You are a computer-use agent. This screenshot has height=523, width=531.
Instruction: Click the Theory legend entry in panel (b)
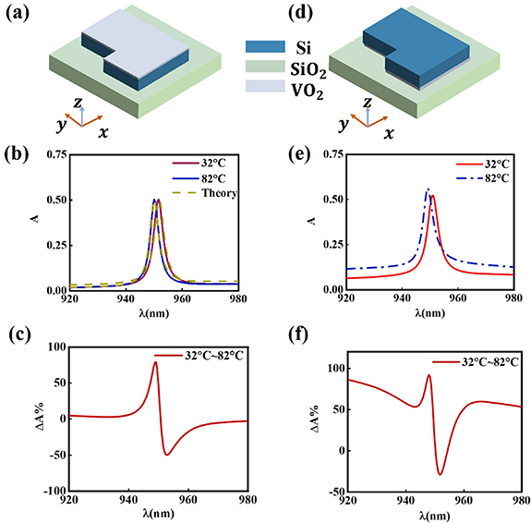[222, 193]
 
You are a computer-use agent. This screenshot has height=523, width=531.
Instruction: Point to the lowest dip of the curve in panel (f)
[440, 474]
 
